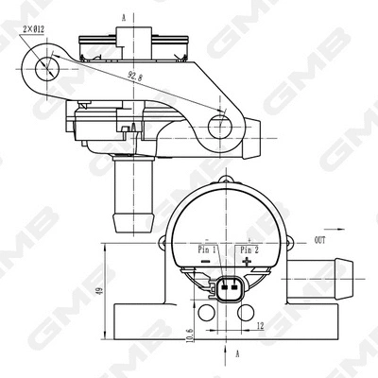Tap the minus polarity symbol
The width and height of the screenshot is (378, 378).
(206, 261)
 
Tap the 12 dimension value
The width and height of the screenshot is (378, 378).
(260, 326)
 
